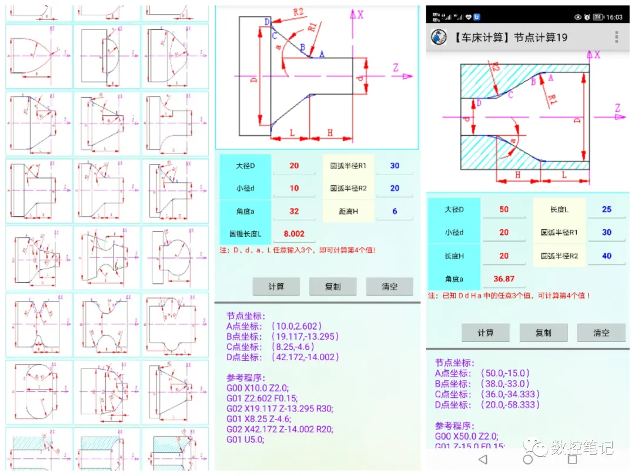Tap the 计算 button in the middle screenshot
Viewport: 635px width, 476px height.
tap(276, 287)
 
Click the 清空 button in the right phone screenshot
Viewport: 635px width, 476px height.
tap(601, 333)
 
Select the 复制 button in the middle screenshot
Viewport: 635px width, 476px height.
tap(333, 287)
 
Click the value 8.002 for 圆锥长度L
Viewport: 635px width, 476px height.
tap(294, 234)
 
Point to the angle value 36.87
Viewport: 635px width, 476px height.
tap(504, 279)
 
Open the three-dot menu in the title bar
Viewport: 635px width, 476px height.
tap(616, 37)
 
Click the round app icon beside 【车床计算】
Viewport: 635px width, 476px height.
tap(439, 37)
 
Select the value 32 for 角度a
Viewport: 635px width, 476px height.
tap(294, 211)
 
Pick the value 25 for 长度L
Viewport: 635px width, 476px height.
tap(606, 209)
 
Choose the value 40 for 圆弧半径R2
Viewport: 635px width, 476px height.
tap(606, 256)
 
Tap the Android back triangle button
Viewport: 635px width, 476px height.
tap(483, 459)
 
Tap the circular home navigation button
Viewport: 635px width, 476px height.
tap(527, 459)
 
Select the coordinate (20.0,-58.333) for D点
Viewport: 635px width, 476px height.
tap(510, 405)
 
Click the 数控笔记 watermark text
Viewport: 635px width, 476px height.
tap(582, 447)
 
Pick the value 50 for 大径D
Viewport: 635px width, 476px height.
tap(504, 209)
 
